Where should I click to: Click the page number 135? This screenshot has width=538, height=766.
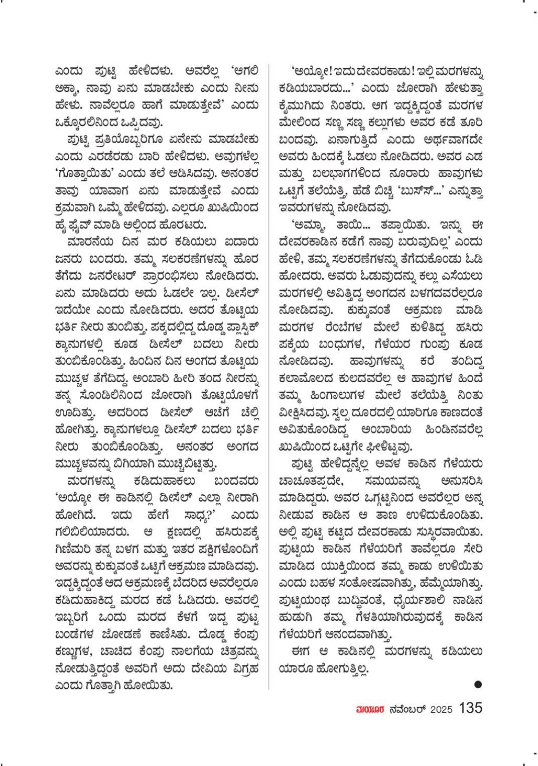point(470,708)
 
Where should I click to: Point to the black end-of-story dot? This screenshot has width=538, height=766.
point(478,684)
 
